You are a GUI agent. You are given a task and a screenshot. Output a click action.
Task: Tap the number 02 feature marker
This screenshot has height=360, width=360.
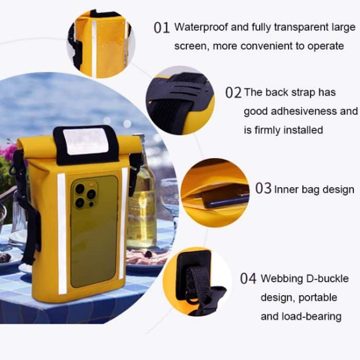233,93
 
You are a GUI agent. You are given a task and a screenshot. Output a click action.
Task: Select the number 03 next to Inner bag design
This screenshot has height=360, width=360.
263,189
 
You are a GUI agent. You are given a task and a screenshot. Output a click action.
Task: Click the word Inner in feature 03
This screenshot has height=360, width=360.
285,189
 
